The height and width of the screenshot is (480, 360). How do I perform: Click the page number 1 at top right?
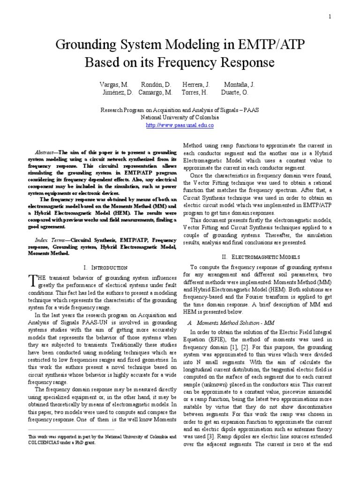pyautogui.click(x=330, y=17)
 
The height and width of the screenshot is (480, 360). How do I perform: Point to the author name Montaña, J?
pyautogui.click(x=240, y=84)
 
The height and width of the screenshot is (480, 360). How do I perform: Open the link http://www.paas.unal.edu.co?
pyautogui.click(x=180, y=126)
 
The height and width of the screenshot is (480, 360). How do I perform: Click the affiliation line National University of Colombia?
pyautogui.click(x=180, y=118)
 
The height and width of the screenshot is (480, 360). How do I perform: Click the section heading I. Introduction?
pyautogui.click(x=105, y=267)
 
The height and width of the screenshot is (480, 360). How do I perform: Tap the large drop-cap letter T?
pyautogui.click(x=32, y=280)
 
